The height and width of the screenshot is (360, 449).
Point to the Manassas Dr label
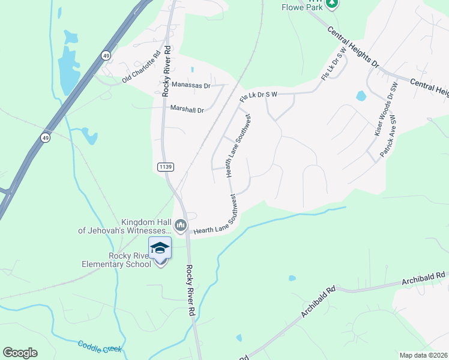pos(191,85)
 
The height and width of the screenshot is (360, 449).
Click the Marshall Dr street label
pos(187,109)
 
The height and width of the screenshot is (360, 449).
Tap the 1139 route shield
pos(166,166)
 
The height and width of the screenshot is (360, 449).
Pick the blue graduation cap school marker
pos(160,248)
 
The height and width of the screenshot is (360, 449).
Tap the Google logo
pos(20,353)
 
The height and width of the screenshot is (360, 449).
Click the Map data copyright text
pos(423,355)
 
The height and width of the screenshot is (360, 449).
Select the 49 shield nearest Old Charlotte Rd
pos(106,55)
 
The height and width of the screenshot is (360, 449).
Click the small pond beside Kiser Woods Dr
pos(361,95)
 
